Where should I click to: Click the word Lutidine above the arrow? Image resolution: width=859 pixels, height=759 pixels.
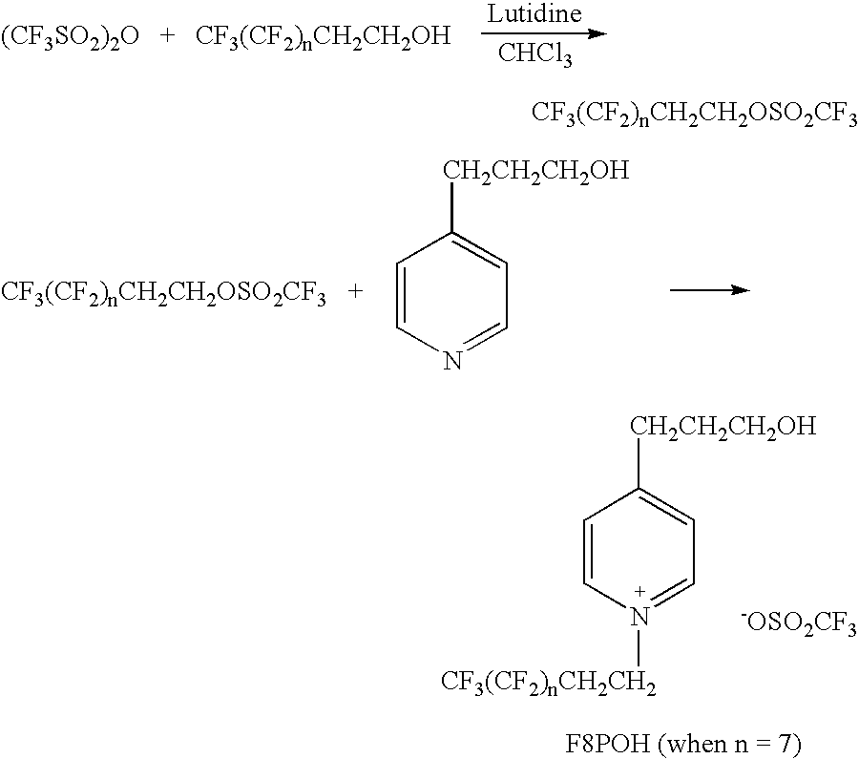[x=534, y=13]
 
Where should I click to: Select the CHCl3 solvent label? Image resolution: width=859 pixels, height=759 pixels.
[x=535, y=54]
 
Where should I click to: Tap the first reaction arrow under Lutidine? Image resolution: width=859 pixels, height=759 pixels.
[x=544, y=33]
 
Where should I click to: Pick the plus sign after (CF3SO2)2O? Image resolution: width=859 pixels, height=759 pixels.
[x=168, y=36]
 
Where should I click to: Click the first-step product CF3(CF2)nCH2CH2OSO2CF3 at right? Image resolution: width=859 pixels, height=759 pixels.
[x=694, y=115]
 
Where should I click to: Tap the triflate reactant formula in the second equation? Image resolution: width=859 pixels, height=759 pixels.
[x=164, y=293]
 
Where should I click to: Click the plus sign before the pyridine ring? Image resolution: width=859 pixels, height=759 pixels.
[x=356, y=291]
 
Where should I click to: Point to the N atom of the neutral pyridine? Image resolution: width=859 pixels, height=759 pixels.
[x=452, y=361]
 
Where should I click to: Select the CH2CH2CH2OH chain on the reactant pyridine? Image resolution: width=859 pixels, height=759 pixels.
[x=535, y=172]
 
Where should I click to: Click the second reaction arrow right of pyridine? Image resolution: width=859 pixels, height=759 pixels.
[x=710, y=290]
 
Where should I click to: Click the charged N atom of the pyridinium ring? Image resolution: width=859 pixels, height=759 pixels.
[x=639, y=617]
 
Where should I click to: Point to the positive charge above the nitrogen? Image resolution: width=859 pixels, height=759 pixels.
[x=639, y=592]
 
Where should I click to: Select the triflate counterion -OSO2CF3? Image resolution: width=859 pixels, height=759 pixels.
[x=799, y=623]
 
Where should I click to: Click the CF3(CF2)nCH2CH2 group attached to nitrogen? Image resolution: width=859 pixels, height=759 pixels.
[x=549, y=683]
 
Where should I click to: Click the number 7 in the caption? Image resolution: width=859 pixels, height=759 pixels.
[x=786, y=744]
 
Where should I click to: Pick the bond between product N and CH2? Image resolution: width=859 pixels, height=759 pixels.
[x=639, y=649]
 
